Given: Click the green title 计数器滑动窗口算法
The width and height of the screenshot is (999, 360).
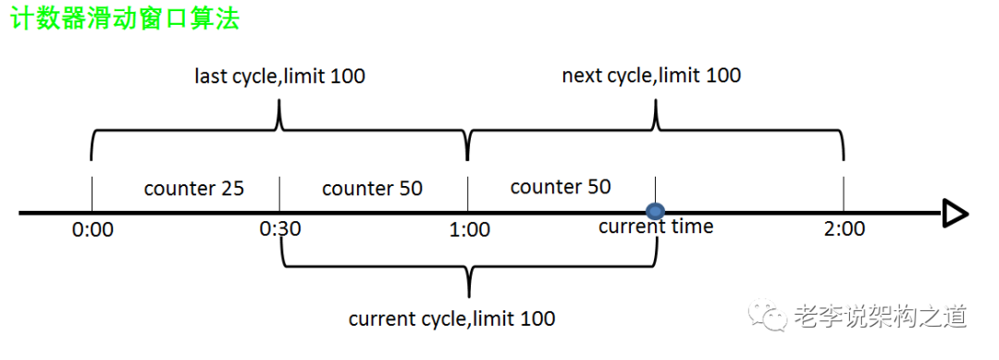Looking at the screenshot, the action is point(125,19).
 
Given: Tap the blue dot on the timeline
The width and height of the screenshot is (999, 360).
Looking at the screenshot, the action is point(655,212).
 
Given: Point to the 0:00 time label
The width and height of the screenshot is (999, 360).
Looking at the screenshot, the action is point(93,230).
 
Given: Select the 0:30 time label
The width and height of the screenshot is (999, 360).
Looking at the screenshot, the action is point(280,229).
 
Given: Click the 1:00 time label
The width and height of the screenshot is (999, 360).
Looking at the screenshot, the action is point(469,229).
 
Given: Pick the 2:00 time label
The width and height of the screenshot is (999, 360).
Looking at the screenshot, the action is point(845,228).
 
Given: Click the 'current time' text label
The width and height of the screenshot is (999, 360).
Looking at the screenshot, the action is point(656,226).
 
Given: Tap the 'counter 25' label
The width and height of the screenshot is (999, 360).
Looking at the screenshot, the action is point(194,189).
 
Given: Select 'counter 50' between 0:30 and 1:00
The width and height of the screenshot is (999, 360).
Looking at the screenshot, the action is point(373,189).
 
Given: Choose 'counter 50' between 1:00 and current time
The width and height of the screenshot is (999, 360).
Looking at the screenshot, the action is point(561,187).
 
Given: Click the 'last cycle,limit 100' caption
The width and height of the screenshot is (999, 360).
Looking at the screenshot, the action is point(279,77).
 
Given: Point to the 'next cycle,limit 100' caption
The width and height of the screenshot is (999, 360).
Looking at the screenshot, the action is point(651,76).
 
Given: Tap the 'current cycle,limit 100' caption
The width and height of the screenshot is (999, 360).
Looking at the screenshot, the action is point(451,318).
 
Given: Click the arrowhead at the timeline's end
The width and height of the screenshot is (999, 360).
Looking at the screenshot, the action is point(956,213).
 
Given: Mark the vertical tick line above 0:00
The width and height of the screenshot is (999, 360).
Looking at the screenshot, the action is point(92,193).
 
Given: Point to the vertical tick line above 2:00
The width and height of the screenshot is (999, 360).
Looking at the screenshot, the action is point(845,193).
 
